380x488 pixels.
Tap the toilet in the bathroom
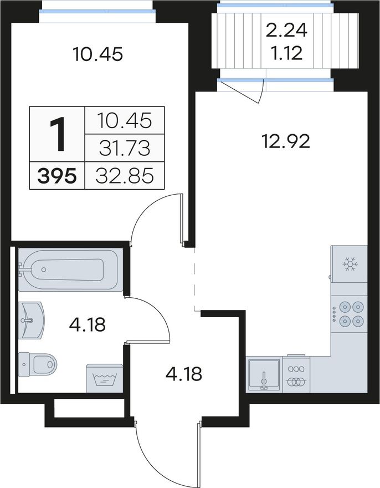[38, 364]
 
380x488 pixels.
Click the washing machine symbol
[105, 378]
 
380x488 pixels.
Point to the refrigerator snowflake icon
[350, 264]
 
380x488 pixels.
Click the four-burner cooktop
[349, 314]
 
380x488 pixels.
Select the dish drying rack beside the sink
[296, 374]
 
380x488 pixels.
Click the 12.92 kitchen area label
[286, 141]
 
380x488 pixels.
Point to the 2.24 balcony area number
[287, 30]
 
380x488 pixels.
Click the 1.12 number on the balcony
[287, 53]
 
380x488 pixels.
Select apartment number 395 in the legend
[57, 176]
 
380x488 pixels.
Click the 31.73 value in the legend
[125, 148]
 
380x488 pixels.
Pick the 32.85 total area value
[125, 176]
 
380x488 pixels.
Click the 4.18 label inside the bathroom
[88, 324]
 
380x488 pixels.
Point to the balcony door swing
[245, 91]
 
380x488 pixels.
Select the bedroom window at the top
[97, 11]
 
